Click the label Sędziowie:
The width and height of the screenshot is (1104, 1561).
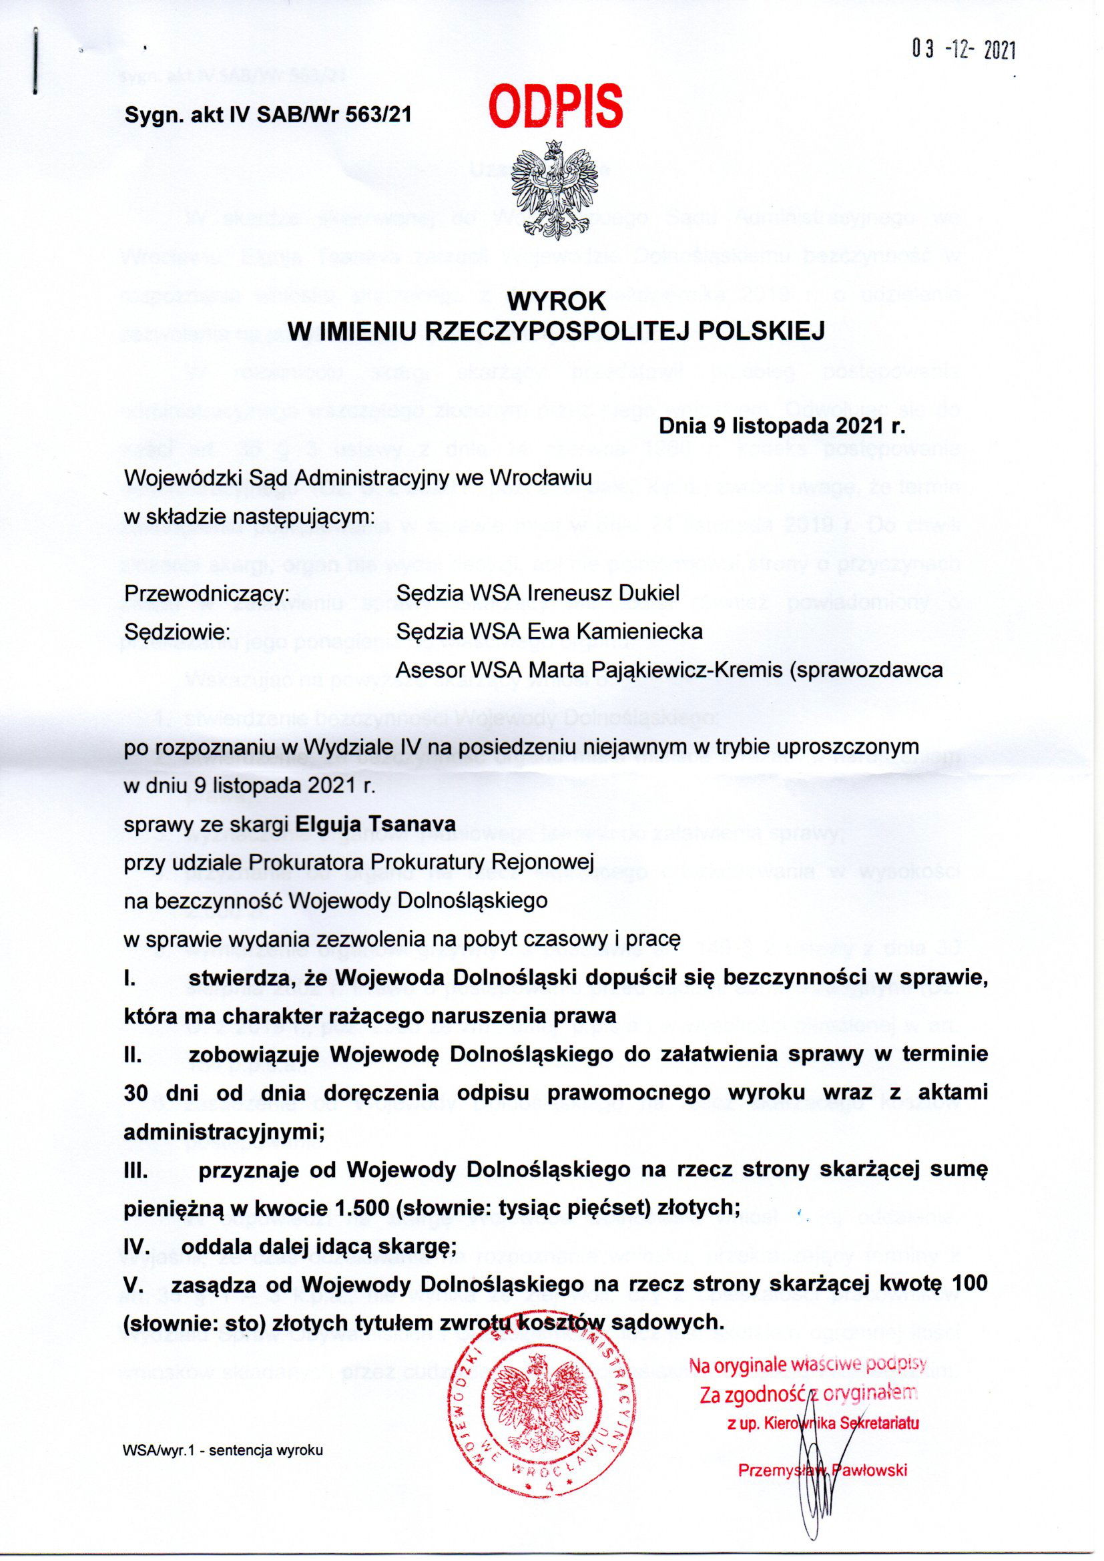[178, 631]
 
